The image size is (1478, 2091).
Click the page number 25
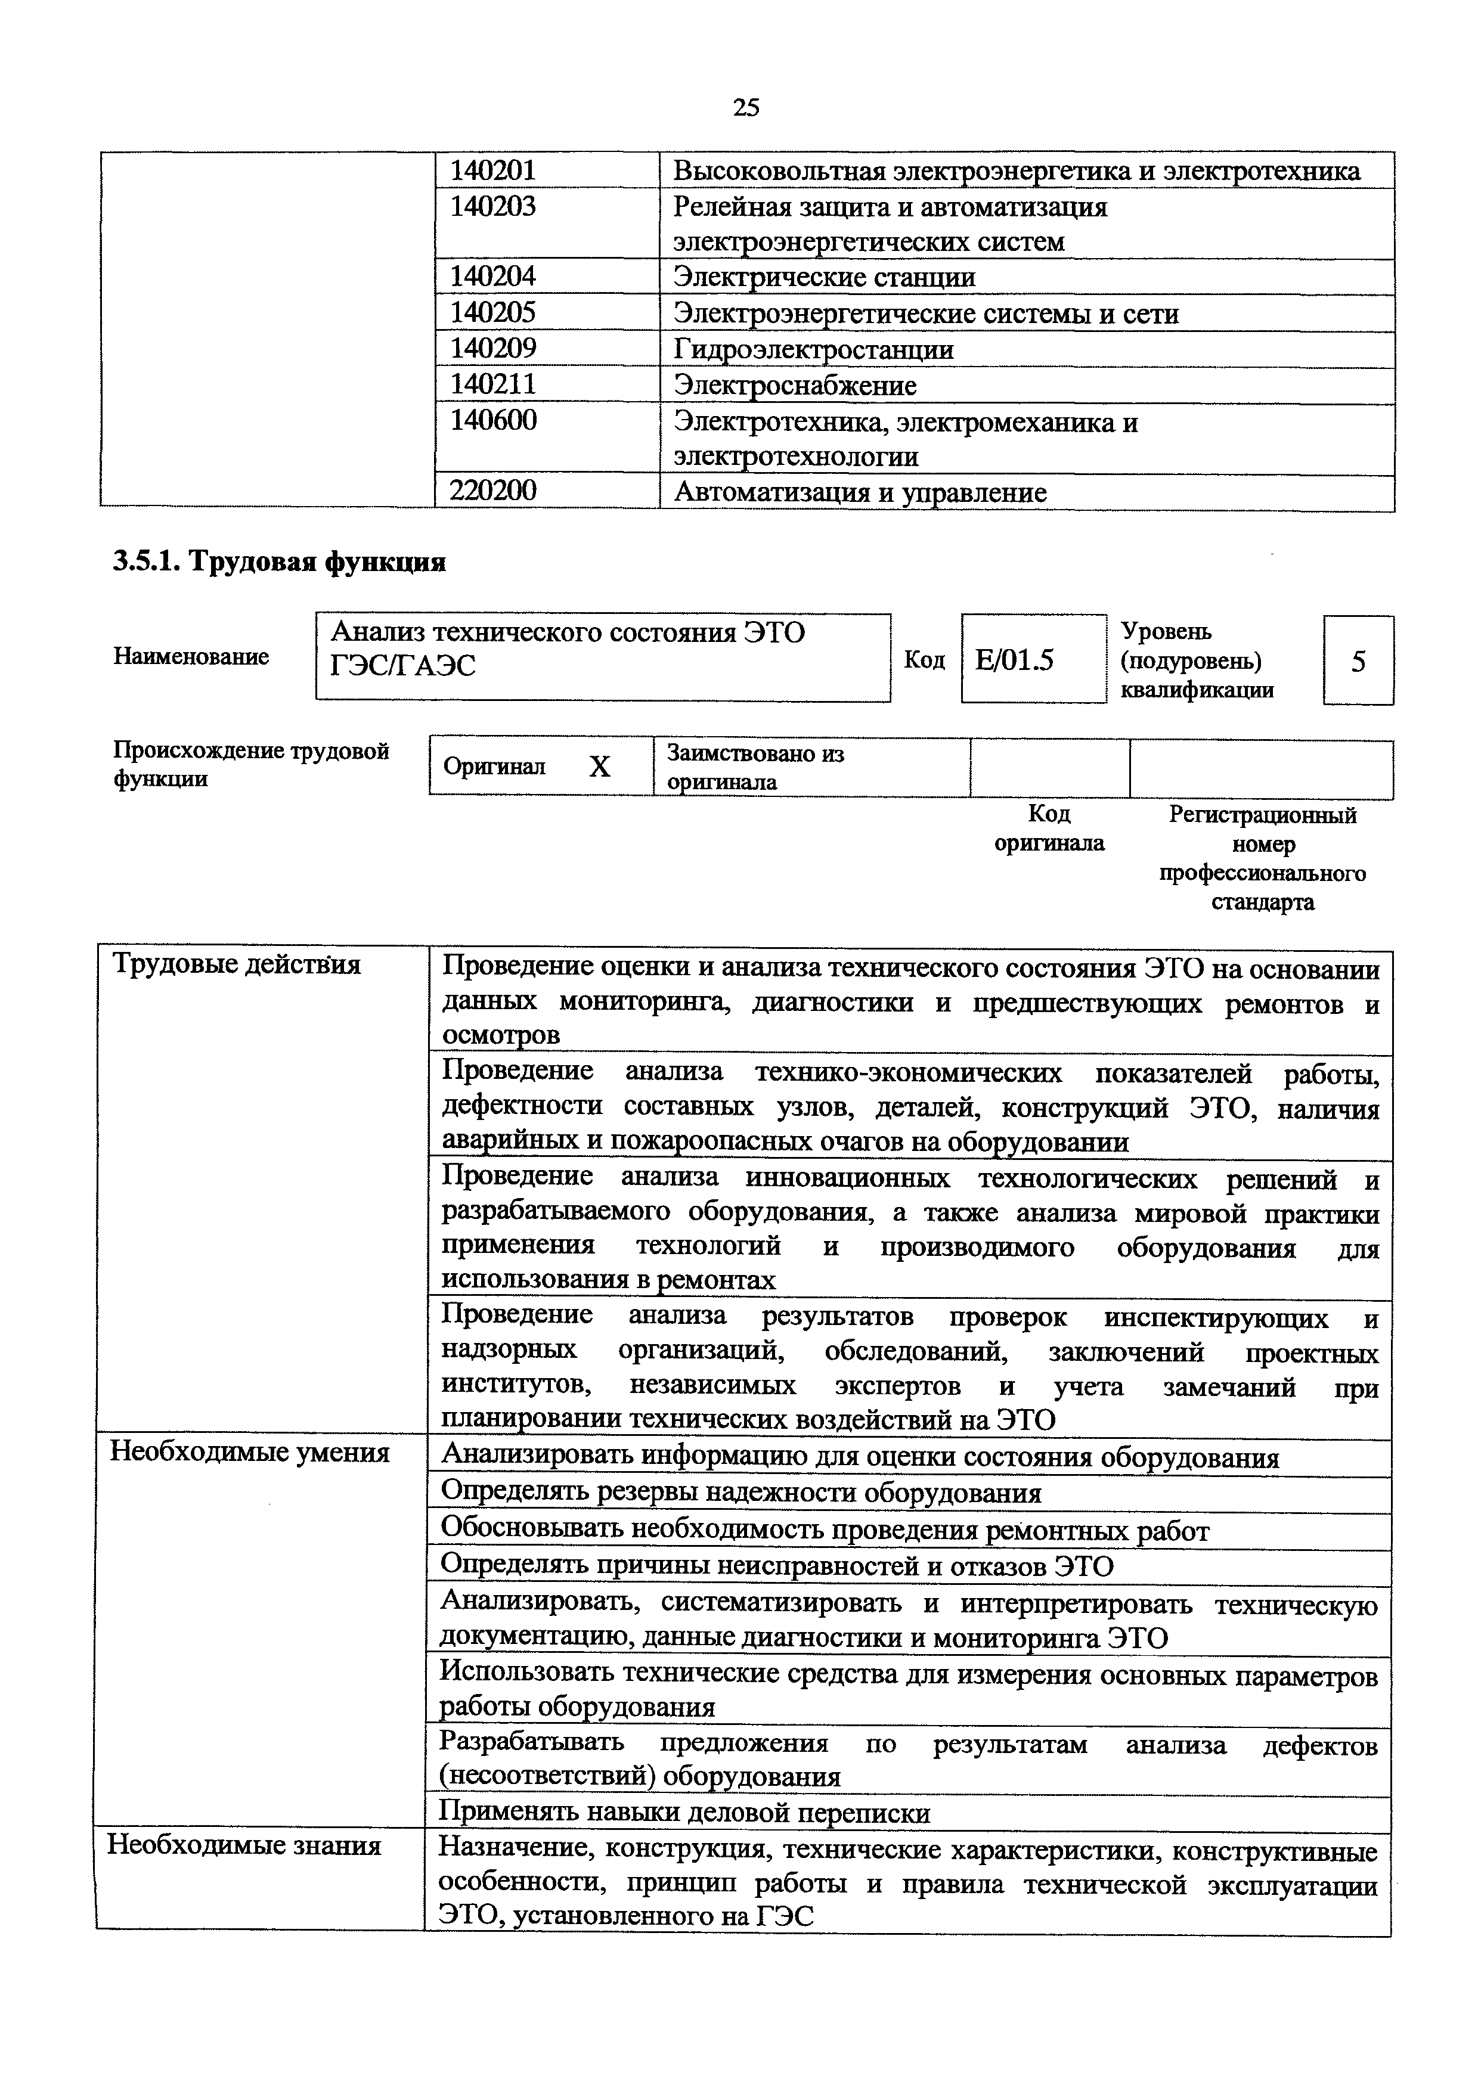[746, 107]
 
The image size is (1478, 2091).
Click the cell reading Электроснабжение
[794, 385]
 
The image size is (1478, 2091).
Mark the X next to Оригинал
[599, 767]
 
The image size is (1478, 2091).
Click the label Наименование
[191, 657]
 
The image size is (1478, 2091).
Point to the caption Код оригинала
[1049, 828]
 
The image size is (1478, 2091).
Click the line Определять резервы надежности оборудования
[740, 1493]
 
